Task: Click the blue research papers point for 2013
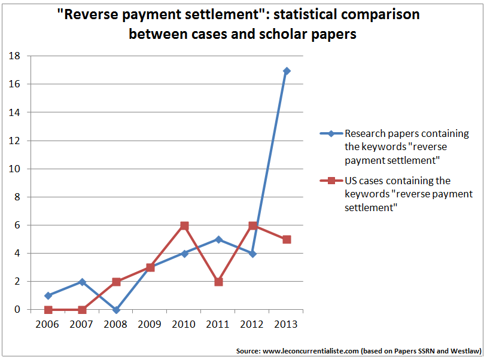[287, 71]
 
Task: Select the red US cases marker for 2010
[184, 225]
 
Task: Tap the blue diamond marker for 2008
[116, 310]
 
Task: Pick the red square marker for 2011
[218, 282]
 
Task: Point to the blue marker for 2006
[48, 295]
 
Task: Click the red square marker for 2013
[287, 239]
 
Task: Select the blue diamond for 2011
[218, 239]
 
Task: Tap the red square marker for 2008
[116, 282]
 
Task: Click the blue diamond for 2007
[82, 282]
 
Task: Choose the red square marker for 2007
[82, 310]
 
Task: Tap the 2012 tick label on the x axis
[252, 324]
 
